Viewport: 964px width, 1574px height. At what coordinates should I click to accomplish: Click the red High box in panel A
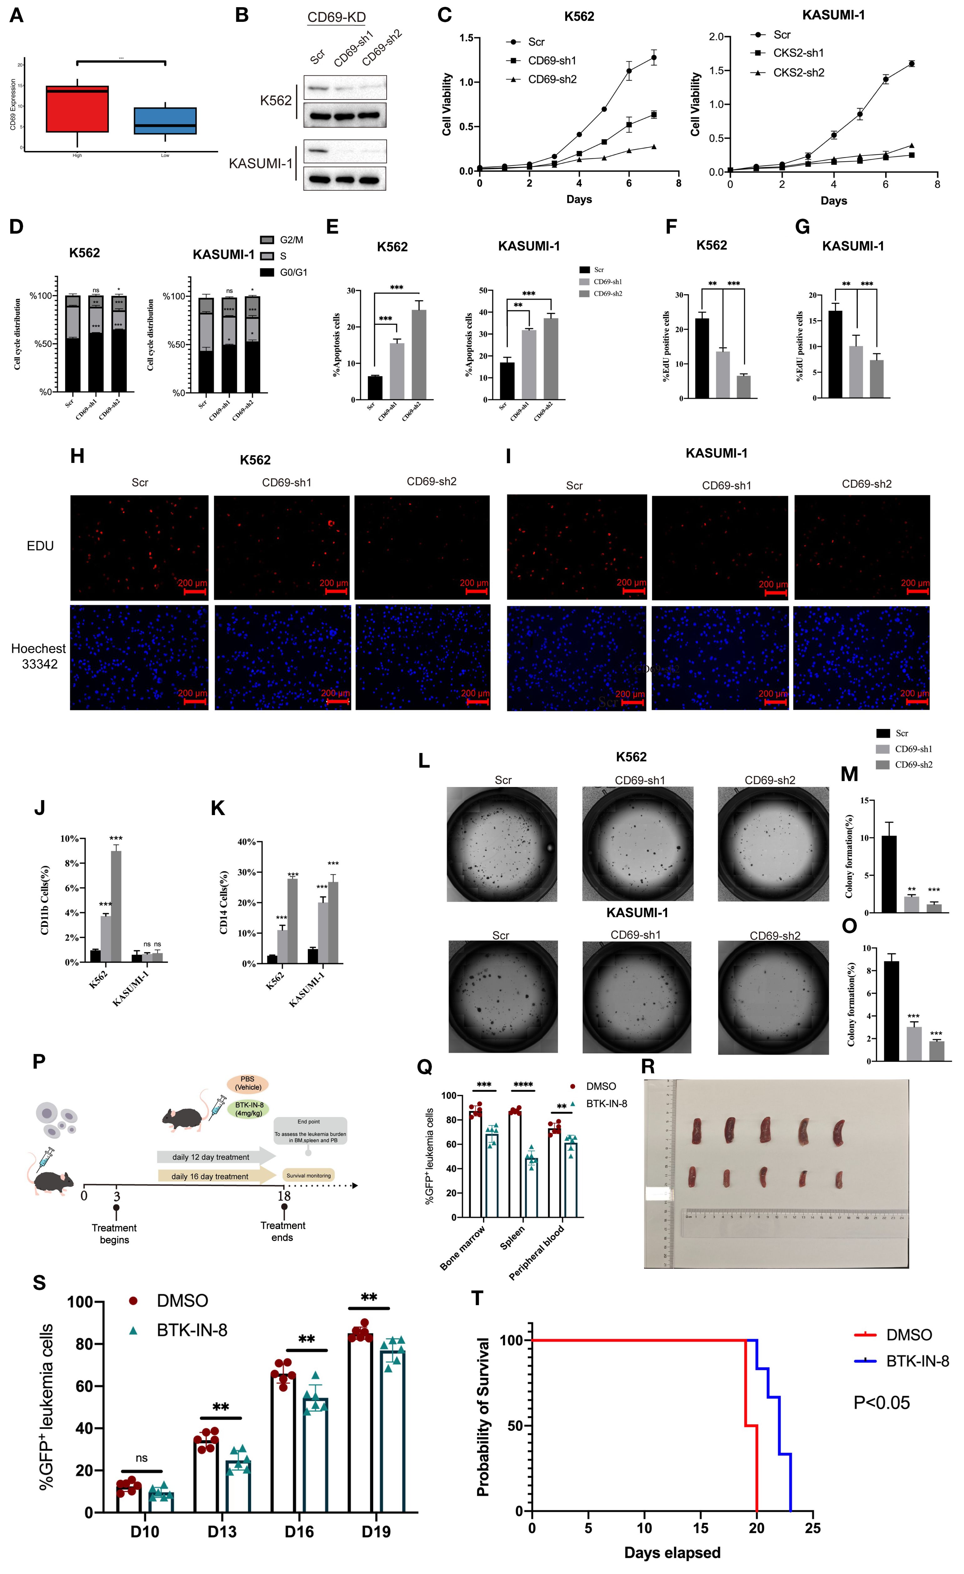point(77,108)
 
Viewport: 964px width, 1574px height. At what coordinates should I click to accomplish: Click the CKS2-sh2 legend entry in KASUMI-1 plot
point(798,73)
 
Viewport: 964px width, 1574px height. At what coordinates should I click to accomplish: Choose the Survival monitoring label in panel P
point(309,1175)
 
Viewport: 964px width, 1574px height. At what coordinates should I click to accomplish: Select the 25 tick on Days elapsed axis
point(813,1528)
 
